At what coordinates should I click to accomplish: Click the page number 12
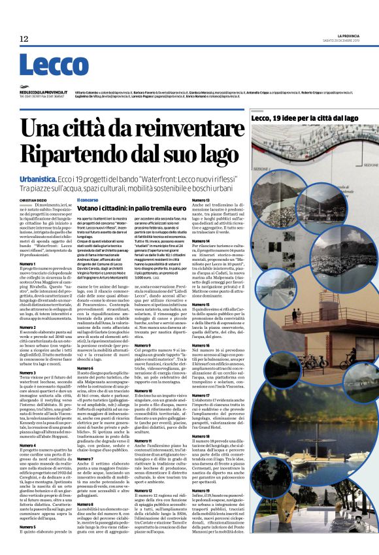[x=24, y=38]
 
